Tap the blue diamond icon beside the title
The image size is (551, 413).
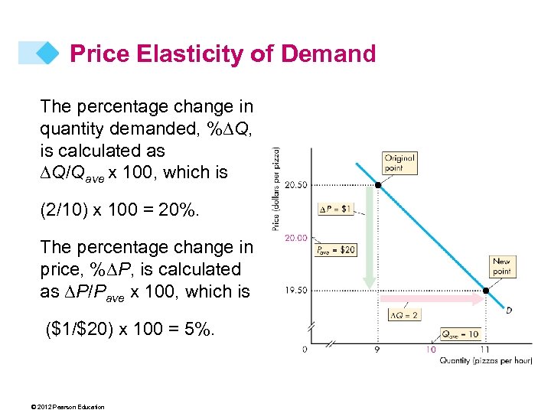[x=48, y=53]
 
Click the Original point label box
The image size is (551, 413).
[x=399, y=162]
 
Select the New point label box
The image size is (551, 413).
[x=501, y=267]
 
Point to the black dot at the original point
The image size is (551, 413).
[x=377, y=184]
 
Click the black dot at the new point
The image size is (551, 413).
[x=486, y=291]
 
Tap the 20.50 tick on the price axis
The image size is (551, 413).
[x=295, y=184]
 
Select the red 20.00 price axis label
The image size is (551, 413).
[x=295, y=238]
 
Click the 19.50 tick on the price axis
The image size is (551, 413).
[x=295, y=291]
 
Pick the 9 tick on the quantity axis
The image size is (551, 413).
[x=377, y=350]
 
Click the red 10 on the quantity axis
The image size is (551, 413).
[x=432, y=350]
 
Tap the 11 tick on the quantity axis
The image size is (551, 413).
[x=485, y=350]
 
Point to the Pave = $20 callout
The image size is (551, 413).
[x=335, y=250]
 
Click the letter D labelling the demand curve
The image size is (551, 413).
[x=509, y=311]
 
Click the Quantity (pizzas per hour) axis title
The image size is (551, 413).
[x=485, y=361]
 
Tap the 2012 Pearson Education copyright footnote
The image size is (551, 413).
[x=74, y=406]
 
